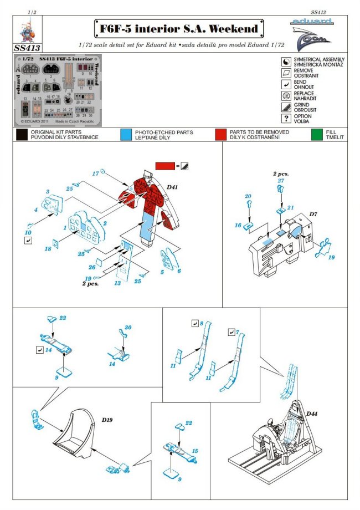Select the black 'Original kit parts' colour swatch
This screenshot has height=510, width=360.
(22, 135)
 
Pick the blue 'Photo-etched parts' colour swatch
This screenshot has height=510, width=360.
(125, 135)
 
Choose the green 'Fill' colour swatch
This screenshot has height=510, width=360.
(317, 135)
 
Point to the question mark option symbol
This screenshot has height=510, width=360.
(286, 119)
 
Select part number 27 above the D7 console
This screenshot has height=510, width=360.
(281, 181)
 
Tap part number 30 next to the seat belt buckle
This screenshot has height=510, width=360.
(128, 328)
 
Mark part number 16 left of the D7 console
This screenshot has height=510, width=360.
(238, 226)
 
